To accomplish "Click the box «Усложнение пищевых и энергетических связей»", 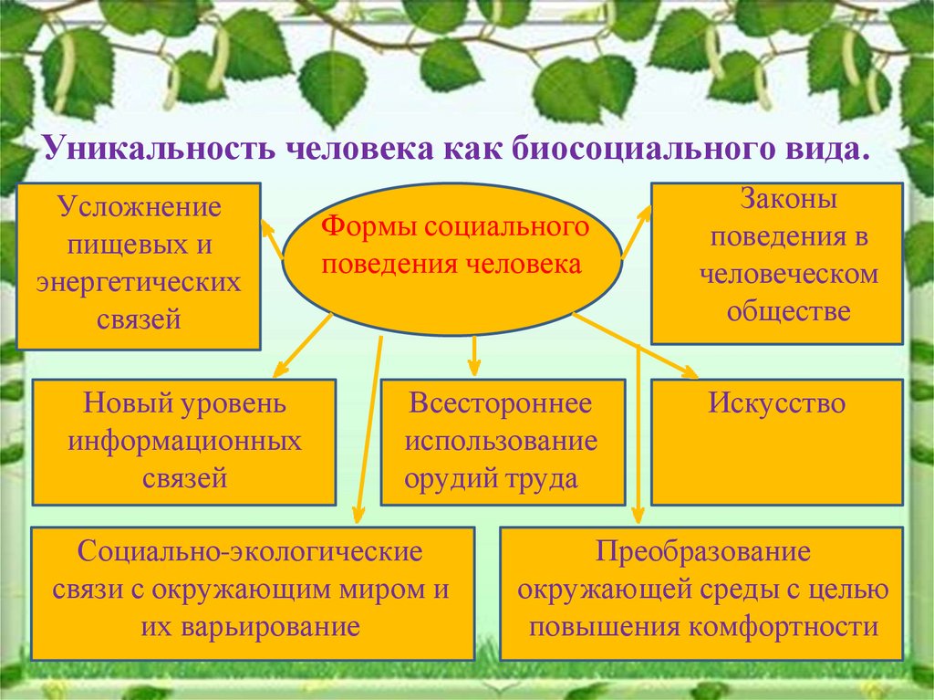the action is point(139,266).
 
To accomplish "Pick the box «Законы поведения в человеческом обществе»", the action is point(775,264).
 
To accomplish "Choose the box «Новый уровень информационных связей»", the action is point(183,442).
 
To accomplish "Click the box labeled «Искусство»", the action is point(777,442).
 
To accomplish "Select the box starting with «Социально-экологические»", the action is point(253,593).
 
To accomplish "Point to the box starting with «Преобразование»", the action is point(701,593).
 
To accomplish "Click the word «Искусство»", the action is point(777,403).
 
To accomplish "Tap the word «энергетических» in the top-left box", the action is point(139,282).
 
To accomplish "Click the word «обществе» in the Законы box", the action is point(789,311).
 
